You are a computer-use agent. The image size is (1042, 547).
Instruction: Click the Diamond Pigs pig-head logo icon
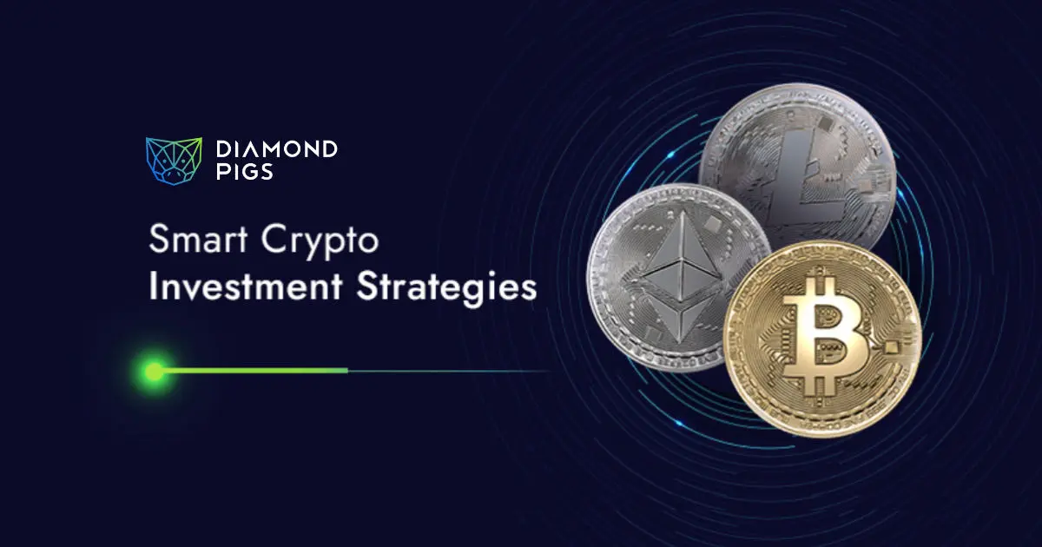point(173,161)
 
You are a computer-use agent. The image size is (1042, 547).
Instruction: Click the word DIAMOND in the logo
point(275,150)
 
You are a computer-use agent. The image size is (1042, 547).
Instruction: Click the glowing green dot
point(155,372)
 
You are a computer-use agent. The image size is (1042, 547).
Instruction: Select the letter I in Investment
point(153,288)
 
